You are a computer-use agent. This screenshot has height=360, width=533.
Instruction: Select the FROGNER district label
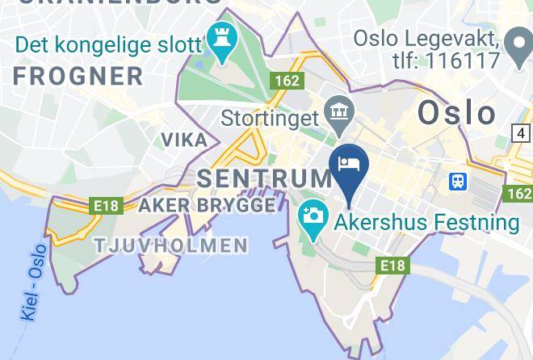78,77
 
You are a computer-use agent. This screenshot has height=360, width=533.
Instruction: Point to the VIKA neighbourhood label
184,140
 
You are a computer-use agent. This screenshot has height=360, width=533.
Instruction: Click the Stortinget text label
270,119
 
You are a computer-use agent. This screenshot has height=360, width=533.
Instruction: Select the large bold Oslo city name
456,112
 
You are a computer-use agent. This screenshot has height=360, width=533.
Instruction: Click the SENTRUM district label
265,178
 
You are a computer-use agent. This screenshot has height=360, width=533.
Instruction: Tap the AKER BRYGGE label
207,206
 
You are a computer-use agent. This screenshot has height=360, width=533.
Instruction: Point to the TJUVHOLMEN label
171,245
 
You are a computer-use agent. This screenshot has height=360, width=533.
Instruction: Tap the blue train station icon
458,181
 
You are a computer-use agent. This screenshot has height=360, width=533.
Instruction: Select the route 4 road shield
522,132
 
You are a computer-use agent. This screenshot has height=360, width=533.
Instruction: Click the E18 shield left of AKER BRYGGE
107,207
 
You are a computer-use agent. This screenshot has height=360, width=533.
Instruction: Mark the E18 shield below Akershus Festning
393,265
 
